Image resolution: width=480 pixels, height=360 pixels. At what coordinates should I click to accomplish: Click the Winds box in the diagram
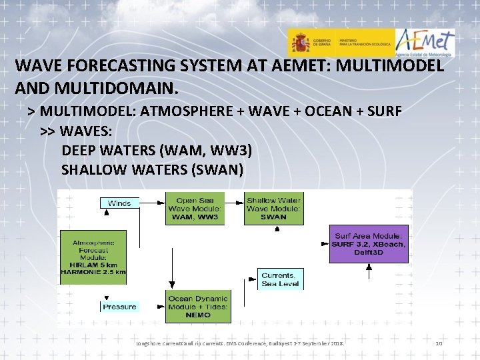(119, 203)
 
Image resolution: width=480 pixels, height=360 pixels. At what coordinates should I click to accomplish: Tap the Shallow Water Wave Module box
(273, 208)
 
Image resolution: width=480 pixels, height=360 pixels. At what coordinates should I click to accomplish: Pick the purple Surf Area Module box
(369, 243)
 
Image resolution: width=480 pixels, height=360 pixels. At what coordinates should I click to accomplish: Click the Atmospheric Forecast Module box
(93, 257)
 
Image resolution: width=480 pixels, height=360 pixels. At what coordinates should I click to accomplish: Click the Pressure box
(119, 307)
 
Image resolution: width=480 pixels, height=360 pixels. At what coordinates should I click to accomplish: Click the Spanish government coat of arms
(299, 43)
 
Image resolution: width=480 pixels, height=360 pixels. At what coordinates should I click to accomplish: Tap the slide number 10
(439, 343)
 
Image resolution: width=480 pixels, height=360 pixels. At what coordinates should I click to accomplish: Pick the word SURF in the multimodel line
(382, 111)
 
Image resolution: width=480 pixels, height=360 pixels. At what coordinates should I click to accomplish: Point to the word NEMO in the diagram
(197, 315)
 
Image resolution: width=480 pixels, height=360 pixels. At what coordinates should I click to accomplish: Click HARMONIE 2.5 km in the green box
(93, 271)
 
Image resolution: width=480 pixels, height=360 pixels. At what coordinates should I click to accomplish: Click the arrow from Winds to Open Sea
(152, 202)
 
